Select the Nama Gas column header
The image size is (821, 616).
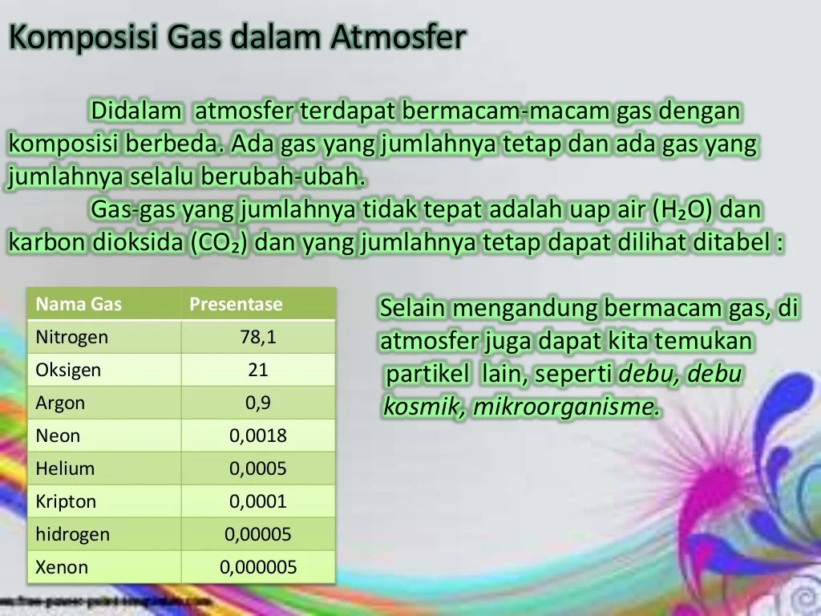click(x=79, y=304)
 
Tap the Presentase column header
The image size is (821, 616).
click(x=236, y=304)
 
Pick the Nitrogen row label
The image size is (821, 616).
click(x=71, y=337)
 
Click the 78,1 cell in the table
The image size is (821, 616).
click(x=258, y=337)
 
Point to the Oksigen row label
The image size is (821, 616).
click(x=68, y=370)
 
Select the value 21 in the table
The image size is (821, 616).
click(x=258, y=370)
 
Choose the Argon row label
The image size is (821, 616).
click(x=60, y=403)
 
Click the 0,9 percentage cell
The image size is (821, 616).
click(x=258, y=403)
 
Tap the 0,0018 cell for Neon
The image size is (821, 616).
click(x=258, y=436)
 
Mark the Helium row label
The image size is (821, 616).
click(x=65, y=468)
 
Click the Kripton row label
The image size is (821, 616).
click(x=66, y=501)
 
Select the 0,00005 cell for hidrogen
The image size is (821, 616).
click(x=258, y=534)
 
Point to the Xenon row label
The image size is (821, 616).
click(x=62, y=567)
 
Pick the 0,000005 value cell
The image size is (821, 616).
click(x=258, y=567)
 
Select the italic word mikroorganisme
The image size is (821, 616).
click(x=563, y=407)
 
